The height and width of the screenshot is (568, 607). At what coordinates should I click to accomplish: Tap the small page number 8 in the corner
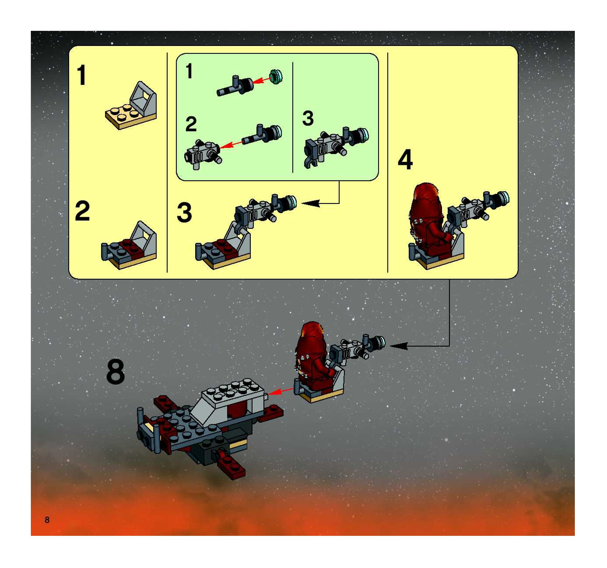point(47,520)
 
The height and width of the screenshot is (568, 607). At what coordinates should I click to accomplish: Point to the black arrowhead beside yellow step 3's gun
point(311,203)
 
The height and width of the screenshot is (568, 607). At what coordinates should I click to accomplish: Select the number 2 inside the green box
point(191,124)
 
